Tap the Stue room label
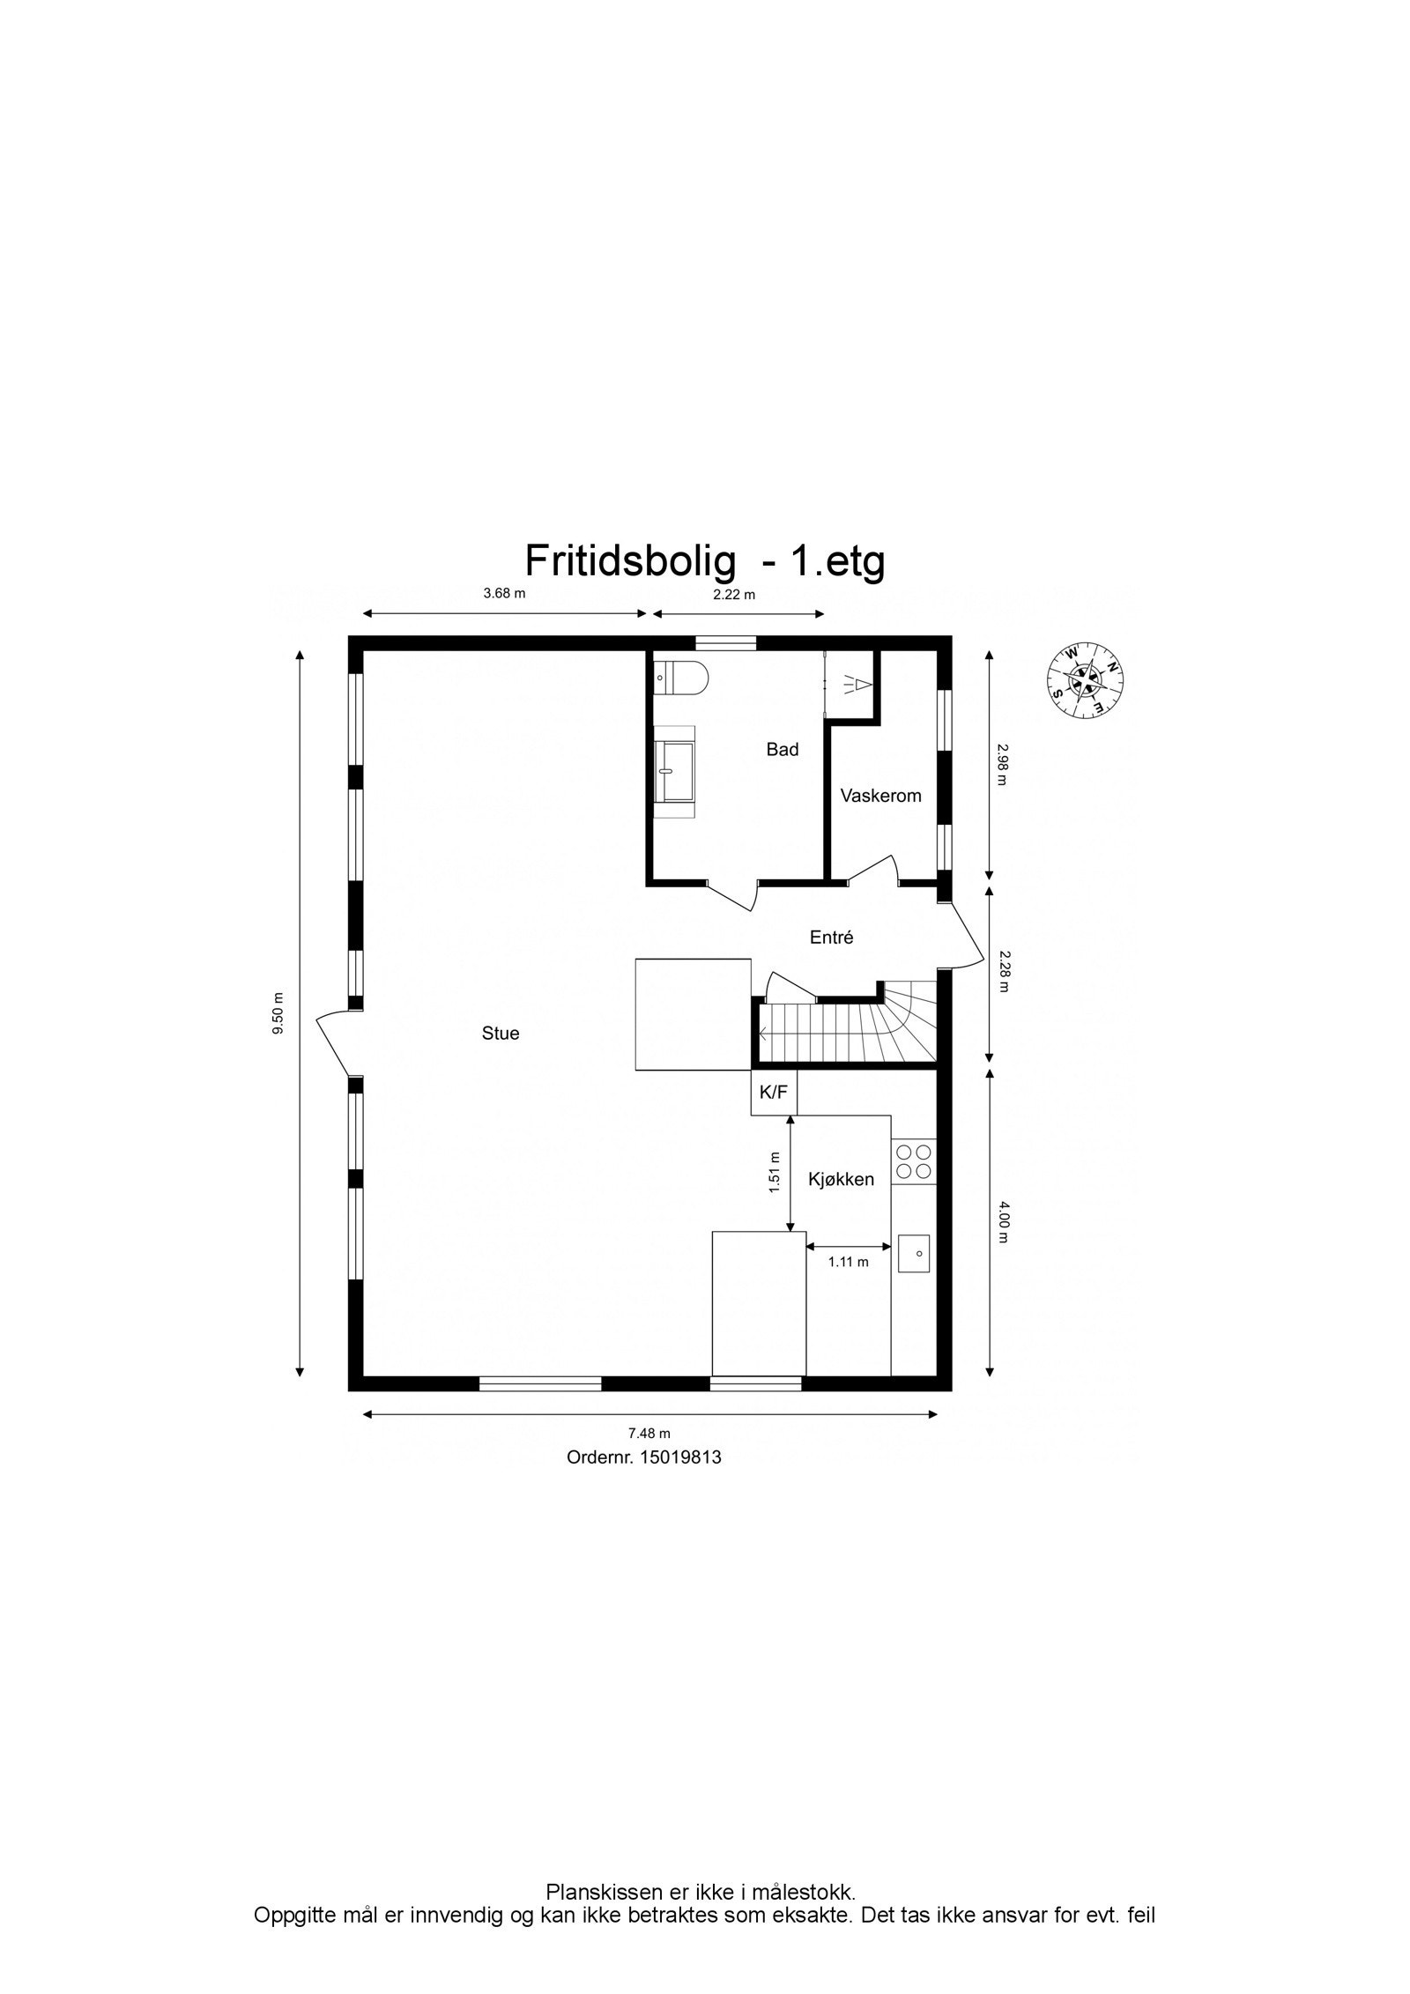500,1033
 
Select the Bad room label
782,749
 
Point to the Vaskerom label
880,796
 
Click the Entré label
831,938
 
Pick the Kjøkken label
841,1179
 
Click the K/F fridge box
773,1093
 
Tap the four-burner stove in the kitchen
913,1161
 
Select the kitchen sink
915,1253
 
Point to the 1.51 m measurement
775,1172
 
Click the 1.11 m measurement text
848,1262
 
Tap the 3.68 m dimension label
504,593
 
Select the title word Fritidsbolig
630,560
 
